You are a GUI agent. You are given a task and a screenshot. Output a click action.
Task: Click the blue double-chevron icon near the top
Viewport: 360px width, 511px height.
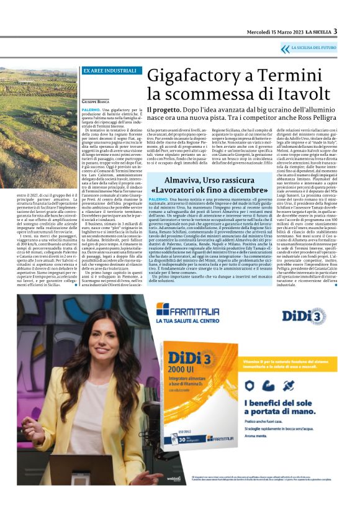(x=286, y=48)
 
